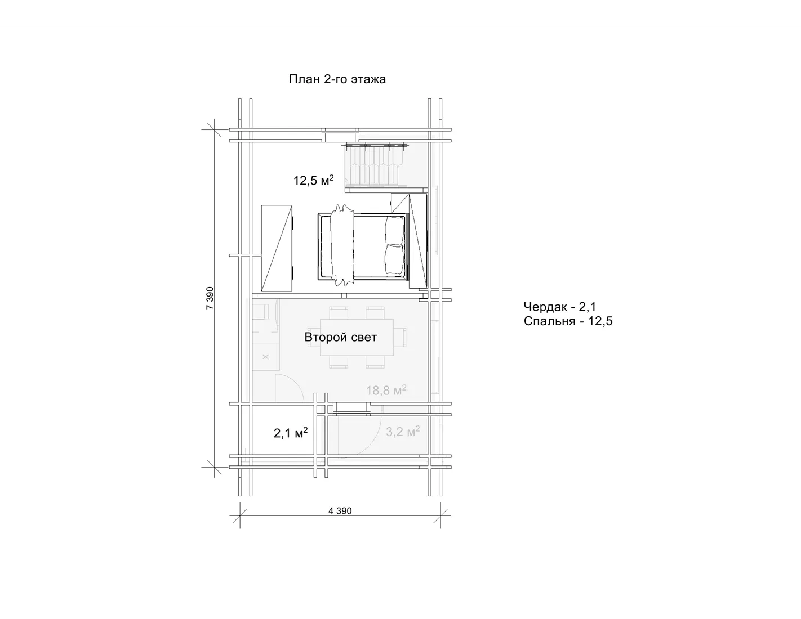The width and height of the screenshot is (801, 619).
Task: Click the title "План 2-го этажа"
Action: pos(337,79)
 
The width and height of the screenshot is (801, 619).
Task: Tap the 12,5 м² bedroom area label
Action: pos(313,181)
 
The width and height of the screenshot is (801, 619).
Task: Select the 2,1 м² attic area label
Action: pos(291,433)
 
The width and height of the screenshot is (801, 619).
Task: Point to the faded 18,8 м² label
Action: pos(386,390)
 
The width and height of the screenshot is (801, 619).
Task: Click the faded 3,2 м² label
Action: pos(403,431)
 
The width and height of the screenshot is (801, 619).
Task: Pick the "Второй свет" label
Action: pos(341,337)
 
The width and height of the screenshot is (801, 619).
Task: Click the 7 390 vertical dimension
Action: pos(210,298)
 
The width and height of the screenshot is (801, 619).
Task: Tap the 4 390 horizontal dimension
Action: pos(340,511)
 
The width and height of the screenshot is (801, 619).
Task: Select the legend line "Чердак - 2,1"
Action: pos(559,307)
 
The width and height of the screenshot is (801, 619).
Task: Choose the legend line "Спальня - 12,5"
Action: pos(568,321)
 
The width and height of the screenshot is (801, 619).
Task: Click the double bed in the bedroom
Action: pos(363,246)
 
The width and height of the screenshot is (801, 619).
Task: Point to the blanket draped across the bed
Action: pos(342,245)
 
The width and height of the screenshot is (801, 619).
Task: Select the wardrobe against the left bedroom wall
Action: pos(277,249)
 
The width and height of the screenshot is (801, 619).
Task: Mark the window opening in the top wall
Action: pos(340,135)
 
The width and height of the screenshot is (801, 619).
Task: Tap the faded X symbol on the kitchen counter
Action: pos(265,357)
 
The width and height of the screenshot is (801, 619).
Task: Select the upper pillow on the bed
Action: pos(394,231)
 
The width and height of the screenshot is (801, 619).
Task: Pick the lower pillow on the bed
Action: pos(394,260)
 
